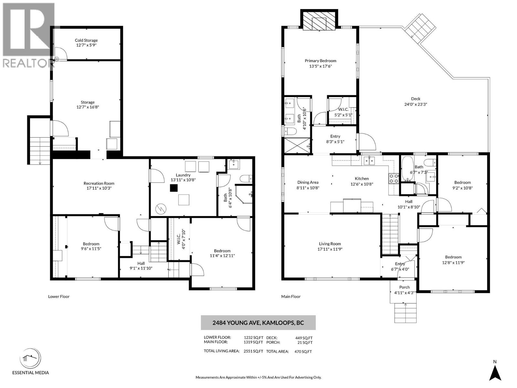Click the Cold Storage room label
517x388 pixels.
[x=86, y=40]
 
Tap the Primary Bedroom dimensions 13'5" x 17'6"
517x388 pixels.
[x=320, y=66]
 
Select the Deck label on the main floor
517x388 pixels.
[x=416, y=99]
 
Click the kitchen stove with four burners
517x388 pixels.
[x=393, y=178]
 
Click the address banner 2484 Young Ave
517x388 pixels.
[x=258, y=322]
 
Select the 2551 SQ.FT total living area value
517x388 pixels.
[x=253, y=351]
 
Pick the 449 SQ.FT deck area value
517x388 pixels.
[x=304, y=338]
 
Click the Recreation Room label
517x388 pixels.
[x=99, y=183]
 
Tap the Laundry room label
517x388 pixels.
[x=183, y=175]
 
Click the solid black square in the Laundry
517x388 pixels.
[x=174, y=188]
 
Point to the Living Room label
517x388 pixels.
[x=330, y=244]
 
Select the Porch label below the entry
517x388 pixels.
[x=405, y=287]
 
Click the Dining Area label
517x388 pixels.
[x=308, y=182]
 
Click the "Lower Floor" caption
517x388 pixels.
[x=59, y=296]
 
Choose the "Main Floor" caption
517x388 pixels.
[x=291, y=296]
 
